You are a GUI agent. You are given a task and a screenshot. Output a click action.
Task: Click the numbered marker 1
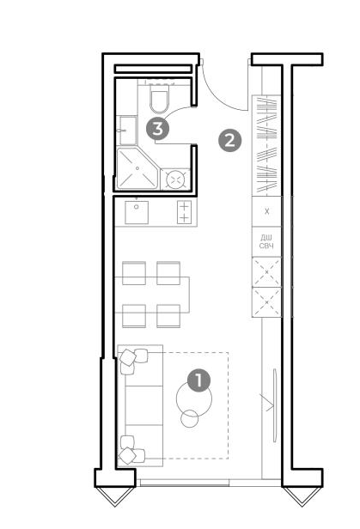pyautogui.click(x=198, y=380)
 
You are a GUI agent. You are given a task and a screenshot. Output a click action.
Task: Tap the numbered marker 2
pyautogui.click(x=229, y=140)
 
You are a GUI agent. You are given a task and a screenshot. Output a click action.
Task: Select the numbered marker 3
pyautogui.click(x=157, y=129)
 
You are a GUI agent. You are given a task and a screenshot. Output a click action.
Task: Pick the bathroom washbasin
pyautogui.click(x=127, y=131)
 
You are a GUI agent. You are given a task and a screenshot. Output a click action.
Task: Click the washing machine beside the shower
pyautogui.click(x=175, y=179)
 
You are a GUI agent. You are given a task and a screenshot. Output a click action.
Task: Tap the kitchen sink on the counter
pyautogui.click(x=137, y=213)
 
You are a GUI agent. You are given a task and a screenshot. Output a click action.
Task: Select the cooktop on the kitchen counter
pyautogui.click(x=184, y=212)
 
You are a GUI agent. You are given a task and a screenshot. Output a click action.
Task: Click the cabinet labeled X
pyautogui.click(x=267, y=211)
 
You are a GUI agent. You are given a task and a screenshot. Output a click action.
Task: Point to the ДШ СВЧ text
pyautogui.click(x=266, y=242)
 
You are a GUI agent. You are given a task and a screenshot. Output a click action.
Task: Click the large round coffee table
pyautogui.click(x=194, y=398)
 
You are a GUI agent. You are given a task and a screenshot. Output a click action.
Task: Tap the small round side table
pyautogui.click(x=190, y=419)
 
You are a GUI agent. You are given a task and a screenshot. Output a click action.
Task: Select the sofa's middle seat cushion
pyautogui.click(x=143, y=405)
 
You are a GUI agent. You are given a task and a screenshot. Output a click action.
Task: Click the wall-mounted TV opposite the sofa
pyautogui.click(x=275, y=405)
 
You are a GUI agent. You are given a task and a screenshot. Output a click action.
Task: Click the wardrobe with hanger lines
pyautogui.click(x=266, y=146)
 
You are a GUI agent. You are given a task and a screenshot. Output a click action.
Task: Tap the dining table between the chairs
pyautogui.click(x=152, y=295)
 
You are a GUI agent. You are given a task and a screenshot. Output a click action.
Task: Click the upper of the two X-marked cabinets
pyautogui.click(x=266, y=272)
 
